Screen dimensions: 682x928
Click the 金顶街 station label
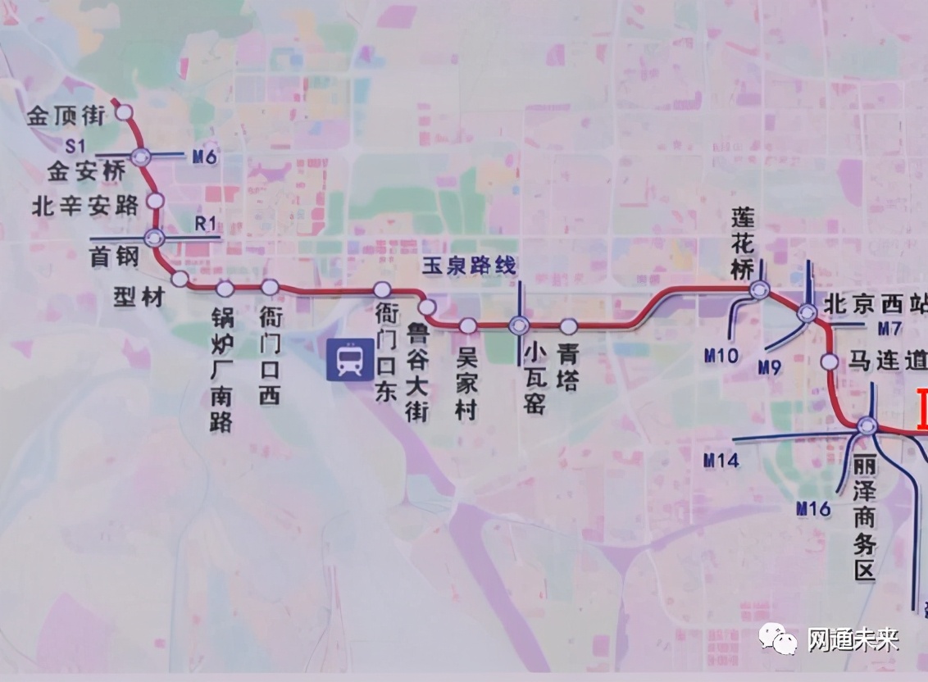pyautogui.click(x=66, y=116)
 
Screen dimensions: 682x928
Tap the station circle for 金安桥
pyautogui.click(x=141, y=156)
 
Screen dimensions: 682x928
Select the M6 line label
pyautogui.click(x=205, y=157)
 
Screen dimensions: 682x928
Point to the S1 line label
pyautogui.click(x=76, y=145)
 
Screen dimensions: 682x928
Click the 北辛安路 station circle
pyautogui.click(x=154, y=201)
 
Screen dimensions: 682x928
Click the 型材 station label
pyautogui.click(x=139, y=297)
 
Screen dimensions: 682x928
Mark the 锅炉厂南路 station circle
pyautogui.click(x=225, y=289)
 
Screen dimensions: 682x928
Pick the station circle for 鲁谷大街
pyautogui.click(x=427, y=307)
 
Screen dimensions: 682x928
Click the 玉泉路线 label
pyautogui.click(x=470, y=265)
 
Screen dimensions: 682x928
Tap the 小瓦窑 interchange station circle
pyautogui.click(x=519, y=325)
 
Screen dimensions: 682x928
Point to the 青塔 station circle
pyautogui.click(x=569, y=325)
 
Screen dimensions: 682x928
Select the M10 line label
pyautogui.click(x=721, y=355)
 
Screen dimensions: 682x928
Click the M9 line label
pyautogui.click(x=769, y=366)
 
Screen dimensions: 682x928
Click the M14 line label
pyautogui.click(x=721, y=460)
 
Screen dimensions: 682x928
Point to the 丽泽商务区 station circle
pyautogui.click(x=867, y=425)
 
